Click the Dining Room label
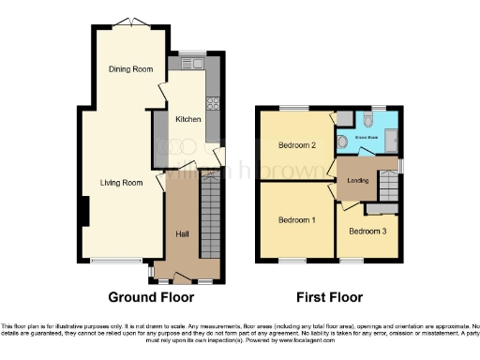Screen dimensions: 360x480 coord(129,69)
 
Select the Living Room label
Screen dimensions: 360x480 coord(122,182)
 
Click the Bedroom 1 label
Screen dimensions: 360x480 coord(296,219)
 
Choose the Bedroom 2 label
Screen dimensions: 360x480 coord(296,145)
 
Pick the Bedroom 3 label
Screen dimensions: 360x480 coord(367,231)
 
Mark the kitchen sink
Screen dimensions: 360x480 coord(194,64)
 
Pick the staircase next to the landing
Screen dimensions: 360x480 coord(384,191)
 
